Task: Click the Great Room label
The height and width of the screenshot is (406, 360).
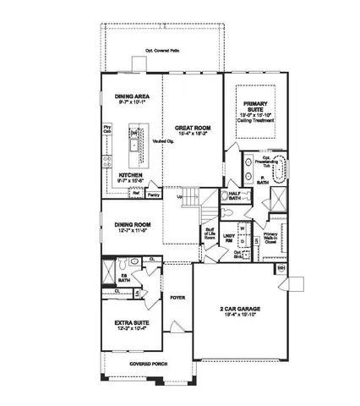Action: tap(194, 129)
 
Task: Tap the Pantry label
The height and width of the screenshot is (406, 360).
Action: tap(154, 194)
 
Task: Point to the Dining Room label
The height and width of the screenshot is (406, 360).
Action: tap(131, 227)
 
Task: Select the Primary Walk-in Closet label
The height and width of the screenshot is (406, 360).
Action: tap(271, 240)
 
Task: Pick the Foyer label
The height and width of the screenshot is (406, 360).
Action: tap(177, 298)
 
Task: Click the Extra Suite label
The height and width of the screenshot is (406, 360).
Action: tap(131, 325)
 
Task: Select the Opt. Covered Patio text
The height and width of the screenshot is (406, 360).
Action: tap(164, 50)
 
